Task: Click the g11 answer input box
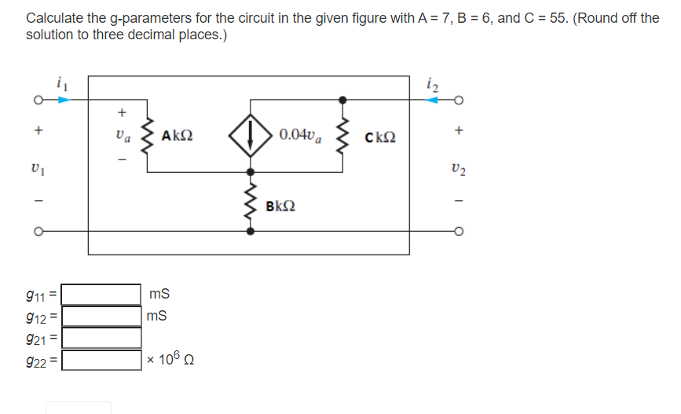pos(101,295)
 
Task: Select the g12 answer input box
pos(101,317)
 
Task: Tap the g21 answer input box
pos(101,339)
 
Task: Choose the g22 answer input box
pos(101,361)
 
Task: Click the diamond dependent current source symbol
pos(250,135)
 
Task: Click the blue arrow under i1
pos(61,100)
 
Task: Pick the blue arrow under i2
pos(430,100)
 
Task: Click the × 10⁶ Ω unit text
pos(169,361)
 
